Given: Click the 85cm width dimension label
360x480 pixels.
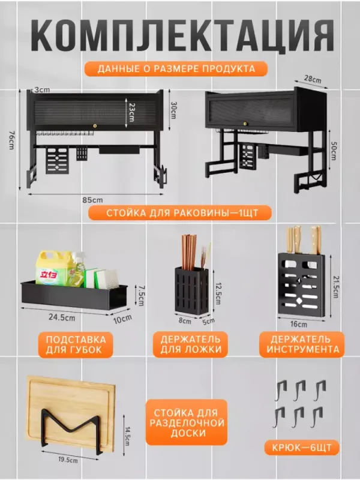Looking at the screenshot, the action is click(x=92, y=200).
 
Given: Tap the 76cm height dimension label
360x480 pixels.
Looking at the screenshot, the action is click(x=11, y=140).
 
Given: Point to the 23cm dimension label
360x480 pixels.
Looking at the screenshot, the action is click(x=131, y=112).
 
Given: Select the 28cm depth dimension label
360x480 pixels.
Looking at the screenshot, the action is click(x=313, y=79).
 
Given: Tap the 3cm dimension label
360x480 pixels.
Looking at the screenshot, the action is click(x=41, y=89).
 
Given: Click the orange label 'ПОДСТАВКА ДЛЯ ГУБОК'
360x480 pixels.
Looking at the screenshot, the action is click(x=76, y=344).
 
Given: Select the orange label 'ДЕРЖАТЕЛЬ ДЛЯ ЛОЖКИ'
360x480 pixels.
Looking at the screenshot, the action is click(x=190, y=344).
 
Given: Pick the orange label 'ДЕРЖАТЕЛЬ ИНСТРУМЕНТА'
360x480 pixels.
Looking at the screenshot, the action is click(x=302, y=344).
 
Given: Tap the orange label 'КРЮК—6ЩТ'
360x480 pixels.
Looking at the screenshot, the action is click(x=302, y=448).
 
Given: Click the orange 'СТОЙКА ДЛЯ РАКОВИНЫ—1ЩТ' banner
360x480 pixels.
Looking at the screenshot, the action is click(x=180, y=213).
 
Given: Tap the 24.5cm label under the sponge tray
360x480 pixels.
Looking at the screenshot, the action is click(x=62, y=317).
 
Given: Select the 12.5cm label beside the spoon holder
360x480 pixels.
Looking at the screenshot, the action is click(x=218, y=293).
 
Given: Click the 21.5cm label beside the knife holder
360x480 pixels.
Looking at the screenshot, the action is click(x=335, y=287).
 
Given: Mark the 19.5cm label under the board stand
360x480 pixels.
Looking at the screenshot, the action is click(x=68, y=460).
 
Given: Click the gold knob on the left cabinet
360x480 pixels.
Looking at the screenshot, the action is click(x=95, y=125).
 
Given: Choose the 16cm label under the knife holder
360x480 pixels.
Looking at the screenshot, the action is click(x=298, y=324).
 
